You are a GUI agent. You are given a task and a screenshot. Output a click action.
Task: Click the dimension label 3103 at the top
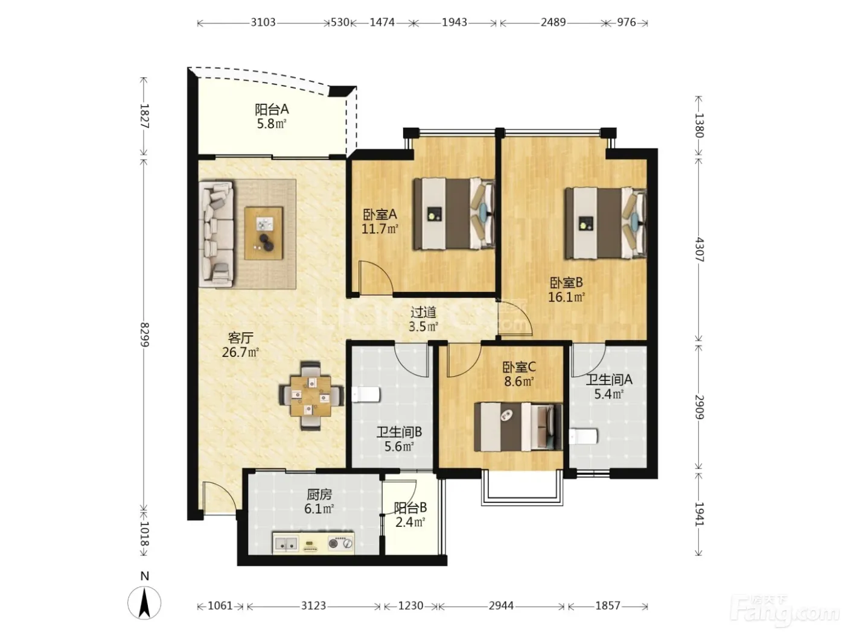tap(263, 22)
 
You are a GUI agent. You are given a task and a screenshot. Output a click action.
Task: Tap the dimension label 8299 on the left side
tap(144, 335)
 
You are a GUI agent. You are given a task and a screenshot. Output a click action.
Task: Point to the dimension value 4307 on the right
tap(700, 250)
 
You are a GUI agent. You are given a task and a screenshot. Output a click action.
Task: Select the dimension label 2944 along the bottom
tap(501, 606)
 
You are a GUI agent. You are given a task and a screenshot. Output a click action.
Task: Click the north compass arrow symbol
tap(144, 603)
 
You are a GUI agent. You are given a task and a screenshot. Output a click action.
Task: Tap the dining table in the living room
tap(310, 396)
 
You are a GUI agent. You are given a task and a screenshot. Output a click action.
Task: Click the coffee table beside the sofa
tap(264, 233)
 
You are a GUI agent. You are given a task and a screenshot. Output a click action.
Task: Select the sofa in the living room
tap(216, 235)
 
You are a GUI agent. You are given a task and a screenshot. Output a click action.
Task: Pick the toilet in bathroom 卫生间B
tap(366, 395)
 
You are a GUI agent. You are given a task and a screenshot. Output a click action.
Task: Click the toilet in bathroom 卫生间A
tap(583, 436)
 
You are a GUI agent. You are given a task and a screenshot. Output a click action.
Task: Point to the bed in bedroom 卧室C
tap(518, 427)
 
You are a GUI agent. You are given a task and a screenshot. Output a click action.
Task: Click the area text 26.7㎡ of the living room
tap(240, 353)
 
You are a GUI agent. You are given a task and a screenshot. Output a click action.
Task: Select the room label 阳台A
tap(272, 110)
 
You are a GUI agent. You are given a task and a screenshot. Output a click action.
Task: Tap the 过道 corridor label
tap(424, 312)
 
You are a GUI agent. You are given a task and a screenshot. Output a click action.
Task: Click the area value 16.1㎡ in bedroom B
tap(566, 297)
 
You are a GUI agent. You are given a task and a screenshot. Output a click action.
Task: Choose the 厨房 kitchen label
tap(319, 494)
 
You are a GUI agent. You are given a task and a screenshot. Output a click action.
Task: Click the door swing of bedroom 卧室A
tap(376, 279)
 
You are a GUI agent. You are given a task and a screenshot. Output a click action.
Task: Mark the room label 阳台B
tap(410, 508)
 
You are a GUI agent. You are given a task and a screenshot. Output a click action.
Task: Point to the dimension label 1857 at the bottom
tap(607, 606)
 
